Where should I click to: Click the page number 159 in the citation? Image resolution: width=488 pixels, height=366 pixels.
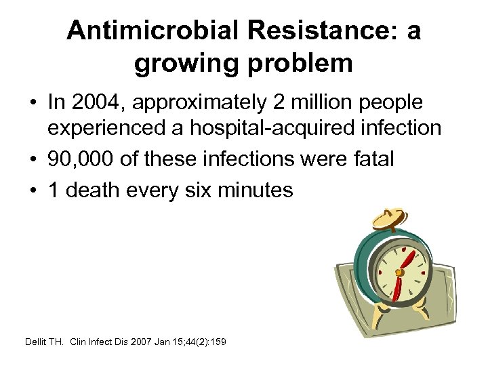218,341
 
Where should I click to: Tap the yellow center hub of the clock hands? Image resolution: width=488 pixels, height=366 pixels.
399,272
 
